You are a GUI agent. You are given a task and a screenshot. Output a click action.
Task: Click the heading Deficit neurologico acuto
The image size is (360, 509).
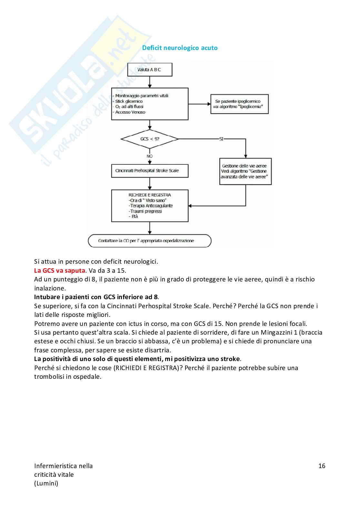(180, 48)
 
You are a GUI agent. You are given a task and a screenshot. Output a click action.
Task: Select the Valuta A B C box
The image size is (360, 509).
(150, 70)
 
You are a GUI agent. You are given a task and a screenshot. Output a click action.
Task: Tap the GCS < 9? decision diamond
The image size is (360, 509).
(149, 139)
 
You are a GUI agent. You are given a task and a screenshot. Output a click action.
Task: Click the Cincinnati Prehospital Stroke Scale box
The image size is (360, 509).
(150, 171)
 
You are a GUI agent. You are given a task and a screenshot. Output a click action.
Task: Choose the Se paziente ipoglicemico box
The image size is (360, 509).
(239, 104)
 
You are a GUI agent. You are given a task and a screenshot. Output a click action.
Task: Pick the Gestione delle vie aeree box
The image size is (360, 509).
(245, 171)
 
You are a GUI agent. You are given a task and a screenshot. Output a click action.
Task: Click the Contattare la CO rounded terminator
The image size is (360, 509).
(150, 241)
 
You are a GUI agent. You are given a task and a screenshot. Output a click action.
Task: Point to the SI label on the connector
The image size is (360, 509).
(221, 139)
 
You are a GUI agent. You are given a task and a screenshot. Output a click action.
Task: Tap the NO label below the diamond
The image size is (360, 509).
(149, 156)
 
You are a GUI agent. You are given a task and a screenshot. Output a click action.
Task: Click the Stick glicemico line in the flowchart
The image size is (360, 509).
(129, 101)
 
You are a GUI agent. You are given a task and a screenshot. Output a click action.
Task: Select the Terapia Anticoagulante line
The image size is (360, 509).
(151, 206)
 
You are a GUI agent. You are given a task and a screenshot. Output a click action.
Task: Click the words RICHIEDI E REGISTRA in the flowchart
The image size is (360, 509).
(150, 195)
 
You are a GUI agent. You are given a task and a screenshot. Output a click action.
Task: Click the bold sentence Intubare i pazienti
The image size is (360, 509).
(96, 297)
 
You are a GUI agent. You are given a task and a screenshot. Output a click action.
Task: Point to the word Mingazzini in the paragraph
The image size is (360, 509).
(277, 332)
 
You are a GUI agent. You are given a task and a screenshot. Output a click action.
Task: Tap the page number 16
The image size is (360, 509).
(322, 466)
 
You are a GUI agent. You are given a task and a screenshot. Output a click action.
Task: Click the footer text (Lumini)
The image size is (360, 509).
(46, 483)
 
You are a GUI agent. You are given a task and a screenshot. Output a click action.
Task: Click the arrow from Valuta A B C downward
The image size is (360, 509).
(150, 82)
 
